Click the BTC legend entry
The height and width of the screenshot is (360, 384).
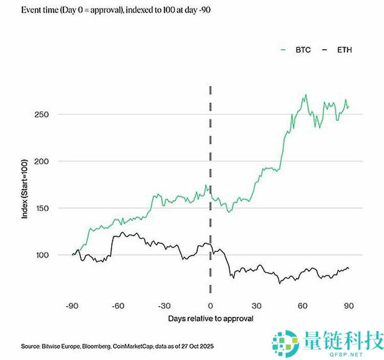pos(299,50)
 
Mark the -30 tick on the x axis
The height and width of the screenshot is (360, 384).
pos(164,306)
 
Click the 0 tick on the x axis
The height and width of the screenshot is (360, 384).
pos(210,306)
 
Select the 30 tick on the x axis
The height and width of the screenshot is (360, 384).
pos(257,306)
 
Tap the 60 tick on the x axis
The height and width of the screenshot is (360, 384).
pos(303,306)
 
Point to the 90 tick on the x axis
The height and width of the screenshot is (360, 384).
pos(349,306)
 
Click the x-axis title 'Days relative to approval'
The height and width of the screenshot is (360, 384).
pos(210,319)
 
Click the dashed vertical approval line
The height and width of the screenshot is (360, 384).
pos(210,154)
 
